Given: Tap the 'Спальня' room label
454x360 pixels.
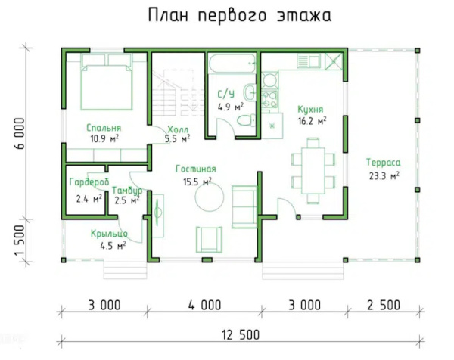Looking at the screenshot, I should pos(104,128).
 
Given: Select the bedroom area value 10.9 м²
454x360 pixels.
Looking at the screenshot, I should pos(104,139).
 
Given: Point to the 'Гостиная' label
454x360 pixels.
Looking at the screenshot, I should pos(196,169).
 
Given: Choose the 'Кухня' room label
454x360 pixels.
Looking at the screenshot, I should pos(311,109).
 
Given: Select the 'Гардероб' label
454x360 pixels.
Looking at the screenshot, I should pos(88,182).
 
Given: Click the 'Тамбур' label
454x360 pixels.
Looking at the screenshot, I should pos(126,191).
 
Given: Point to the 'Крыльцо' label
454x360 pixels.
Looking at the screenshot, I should pos(108,233).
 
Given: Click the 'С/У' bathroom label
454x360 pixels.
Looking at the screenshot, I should pos(225,95).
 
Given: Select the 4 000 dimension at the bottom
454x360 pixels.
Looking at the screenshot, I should pos(204,306).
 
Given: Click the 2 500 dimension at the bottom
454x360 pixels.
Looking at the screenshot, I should pos(382,306).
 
